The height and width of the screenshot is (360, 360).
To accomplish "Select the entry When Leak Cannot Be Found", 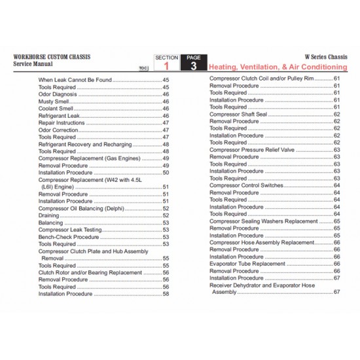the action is (x=75, y=80).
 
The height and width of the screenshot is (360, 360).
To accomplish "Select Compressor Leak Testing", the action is (x=71, y=230).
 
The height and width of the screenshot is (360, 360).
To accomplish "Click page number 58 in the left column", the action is (x=166, y=294).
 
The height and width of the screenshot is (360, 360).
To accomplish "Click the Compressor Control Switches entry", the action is (x=247, y=185).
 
